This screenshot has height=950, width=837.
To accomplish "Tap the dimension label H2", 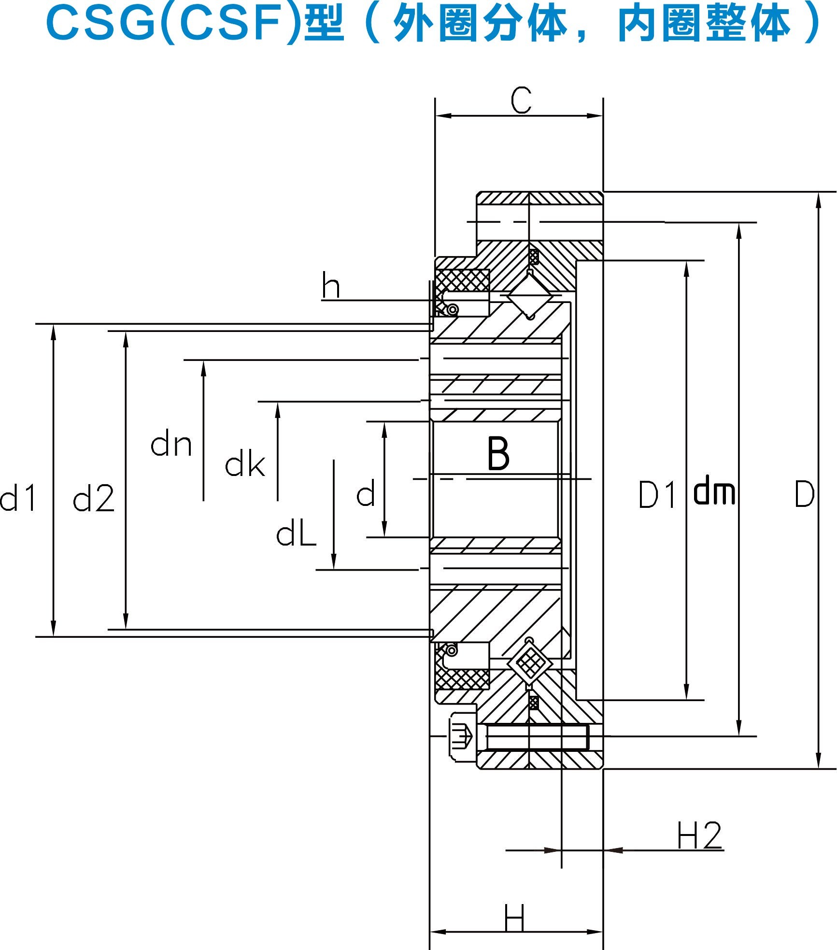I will [x=699, y=835].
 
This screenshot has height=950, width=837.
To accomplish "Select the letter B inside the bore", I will [x=498, y=453].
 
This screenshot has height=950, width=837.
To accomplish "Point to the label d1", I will [x=18, y=498].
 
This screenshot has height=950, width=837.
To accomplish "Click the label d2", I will [x=94, y=499].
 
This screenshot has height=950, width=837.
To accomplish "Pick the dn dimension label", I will [x=171, y=445].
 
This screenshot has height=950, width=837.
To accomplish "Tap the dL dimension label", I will [x=296, y=534].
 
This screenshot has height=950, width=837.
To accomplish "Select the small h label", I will [x=331, y=286].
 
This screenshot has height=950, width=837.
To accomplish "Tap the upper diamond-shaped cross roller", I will [x=530, y=295].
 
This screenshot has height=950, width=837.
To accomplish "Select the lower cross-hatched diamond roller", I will [x=530, y=663].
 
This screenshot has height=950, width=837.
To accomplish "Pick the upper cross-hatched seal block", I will [x=463, y=280].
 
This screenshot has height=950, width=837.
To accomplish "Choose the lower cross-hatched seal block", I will [x=463, y=678].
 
